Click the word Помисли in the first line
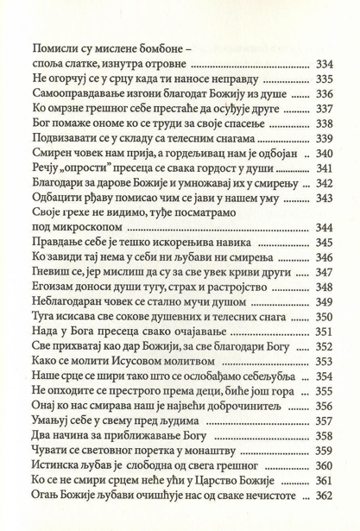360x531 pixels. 48,49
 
